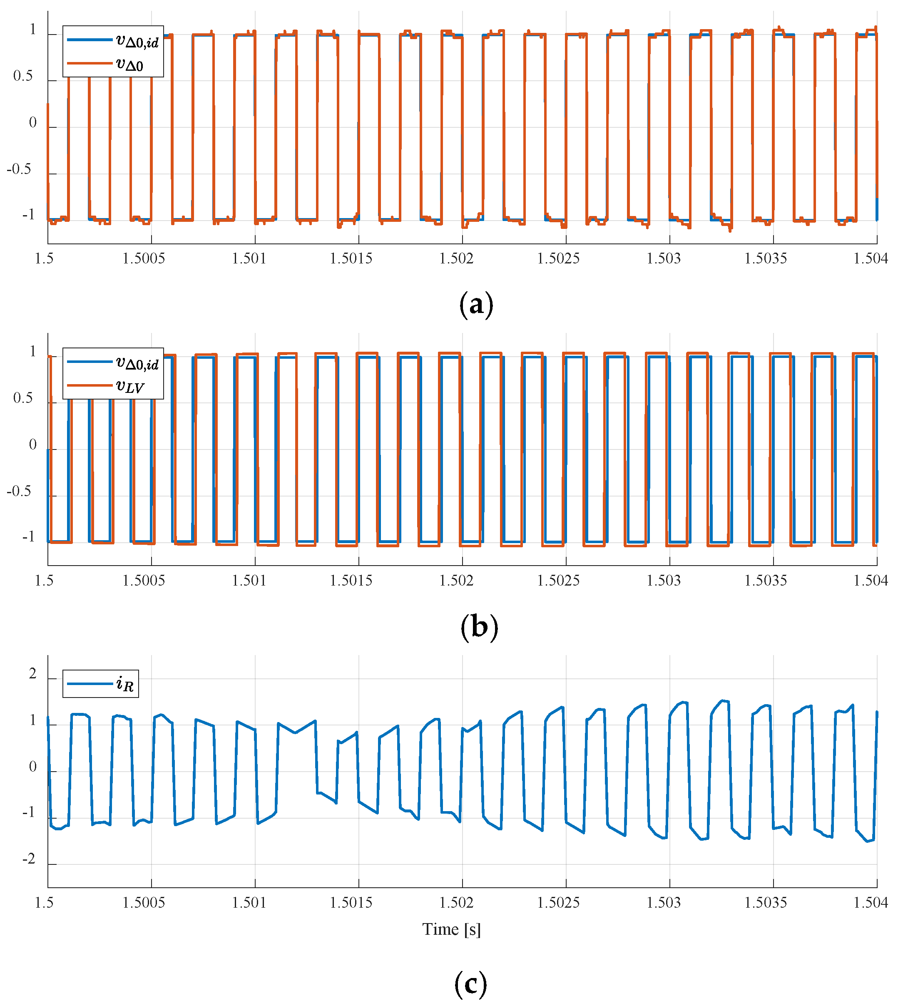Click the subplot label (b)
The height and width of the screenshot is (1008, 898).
479,627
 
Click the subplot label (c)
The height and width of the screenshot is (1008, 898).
470,983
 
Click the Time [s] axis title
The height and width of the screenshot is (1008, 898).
451,929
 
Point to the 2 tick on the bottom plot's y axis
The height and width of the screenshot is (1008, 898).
32,674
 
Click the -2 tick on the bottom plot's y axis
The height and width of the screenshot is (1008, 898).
29,859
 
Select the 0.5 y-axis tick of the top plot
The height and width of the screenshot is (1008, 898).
23,77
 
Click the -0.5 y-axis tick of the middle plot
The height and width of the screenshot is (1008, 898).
19,491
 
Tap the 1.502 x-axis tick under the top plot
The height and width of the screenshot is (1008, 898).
456,258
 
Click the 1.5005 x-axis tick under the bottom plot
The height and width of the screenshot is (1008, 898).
144,902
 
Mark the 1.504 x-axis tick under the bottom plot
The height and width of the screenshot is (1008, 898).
871,902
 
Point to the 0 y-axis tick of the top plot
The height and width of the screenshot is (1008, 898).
32,123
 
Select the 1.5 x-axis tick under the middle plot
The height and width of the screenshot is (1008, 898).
44,581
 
